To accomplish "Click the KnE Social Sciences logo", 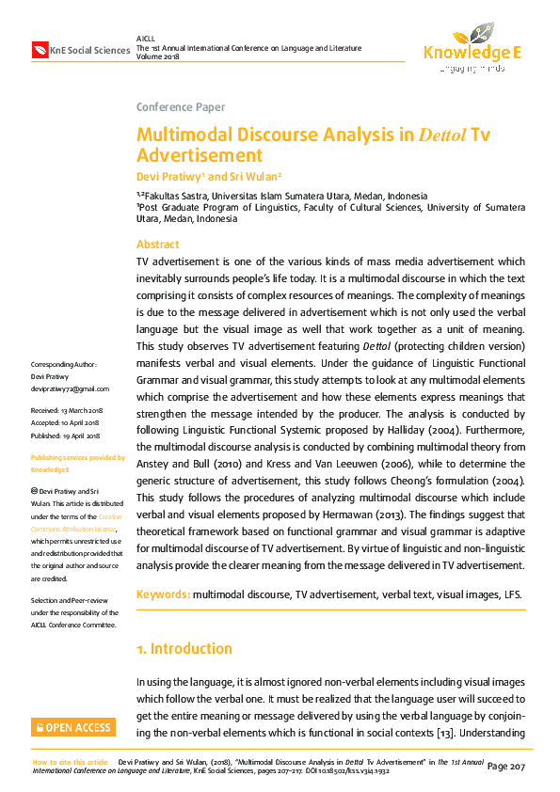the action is coord(80,49).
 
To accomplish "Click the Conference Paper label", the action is coord(181,107).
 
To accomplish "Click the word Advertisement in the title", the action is coord(200,155).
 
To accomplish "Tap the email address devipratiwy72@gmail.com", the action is coord(71,388).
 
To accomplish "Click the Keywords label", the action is coord(164,594).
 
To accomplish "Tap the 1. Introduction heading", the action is coord(184,649).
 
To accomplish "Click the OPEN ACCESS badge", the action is coord(73,727).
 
